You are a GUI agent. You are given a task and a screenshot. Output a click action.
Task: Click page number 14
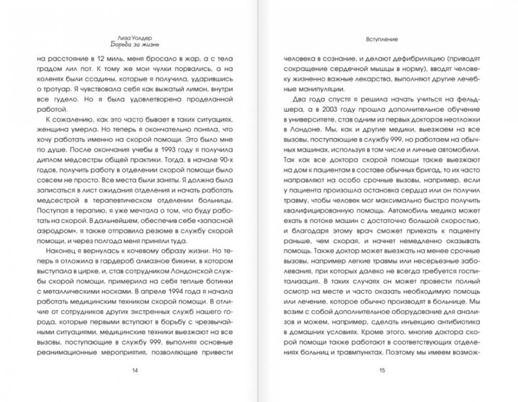pyautogui.click(x=135, y=370)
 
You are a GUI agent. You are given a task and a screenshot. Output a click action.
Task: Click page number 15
pyautogui.click(x=382, y=370)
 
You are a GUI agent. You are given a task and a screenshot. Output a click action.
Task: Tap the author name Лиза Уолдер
pyautogui.click(x=135, y=38)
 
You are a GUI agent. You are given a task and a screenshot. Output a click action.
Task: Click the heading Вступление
pyautogui.click(x=382, y=38)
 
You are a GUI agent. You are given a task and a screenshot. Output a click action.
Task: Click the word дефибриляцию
pyautogui.click(x=417, y=59)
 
